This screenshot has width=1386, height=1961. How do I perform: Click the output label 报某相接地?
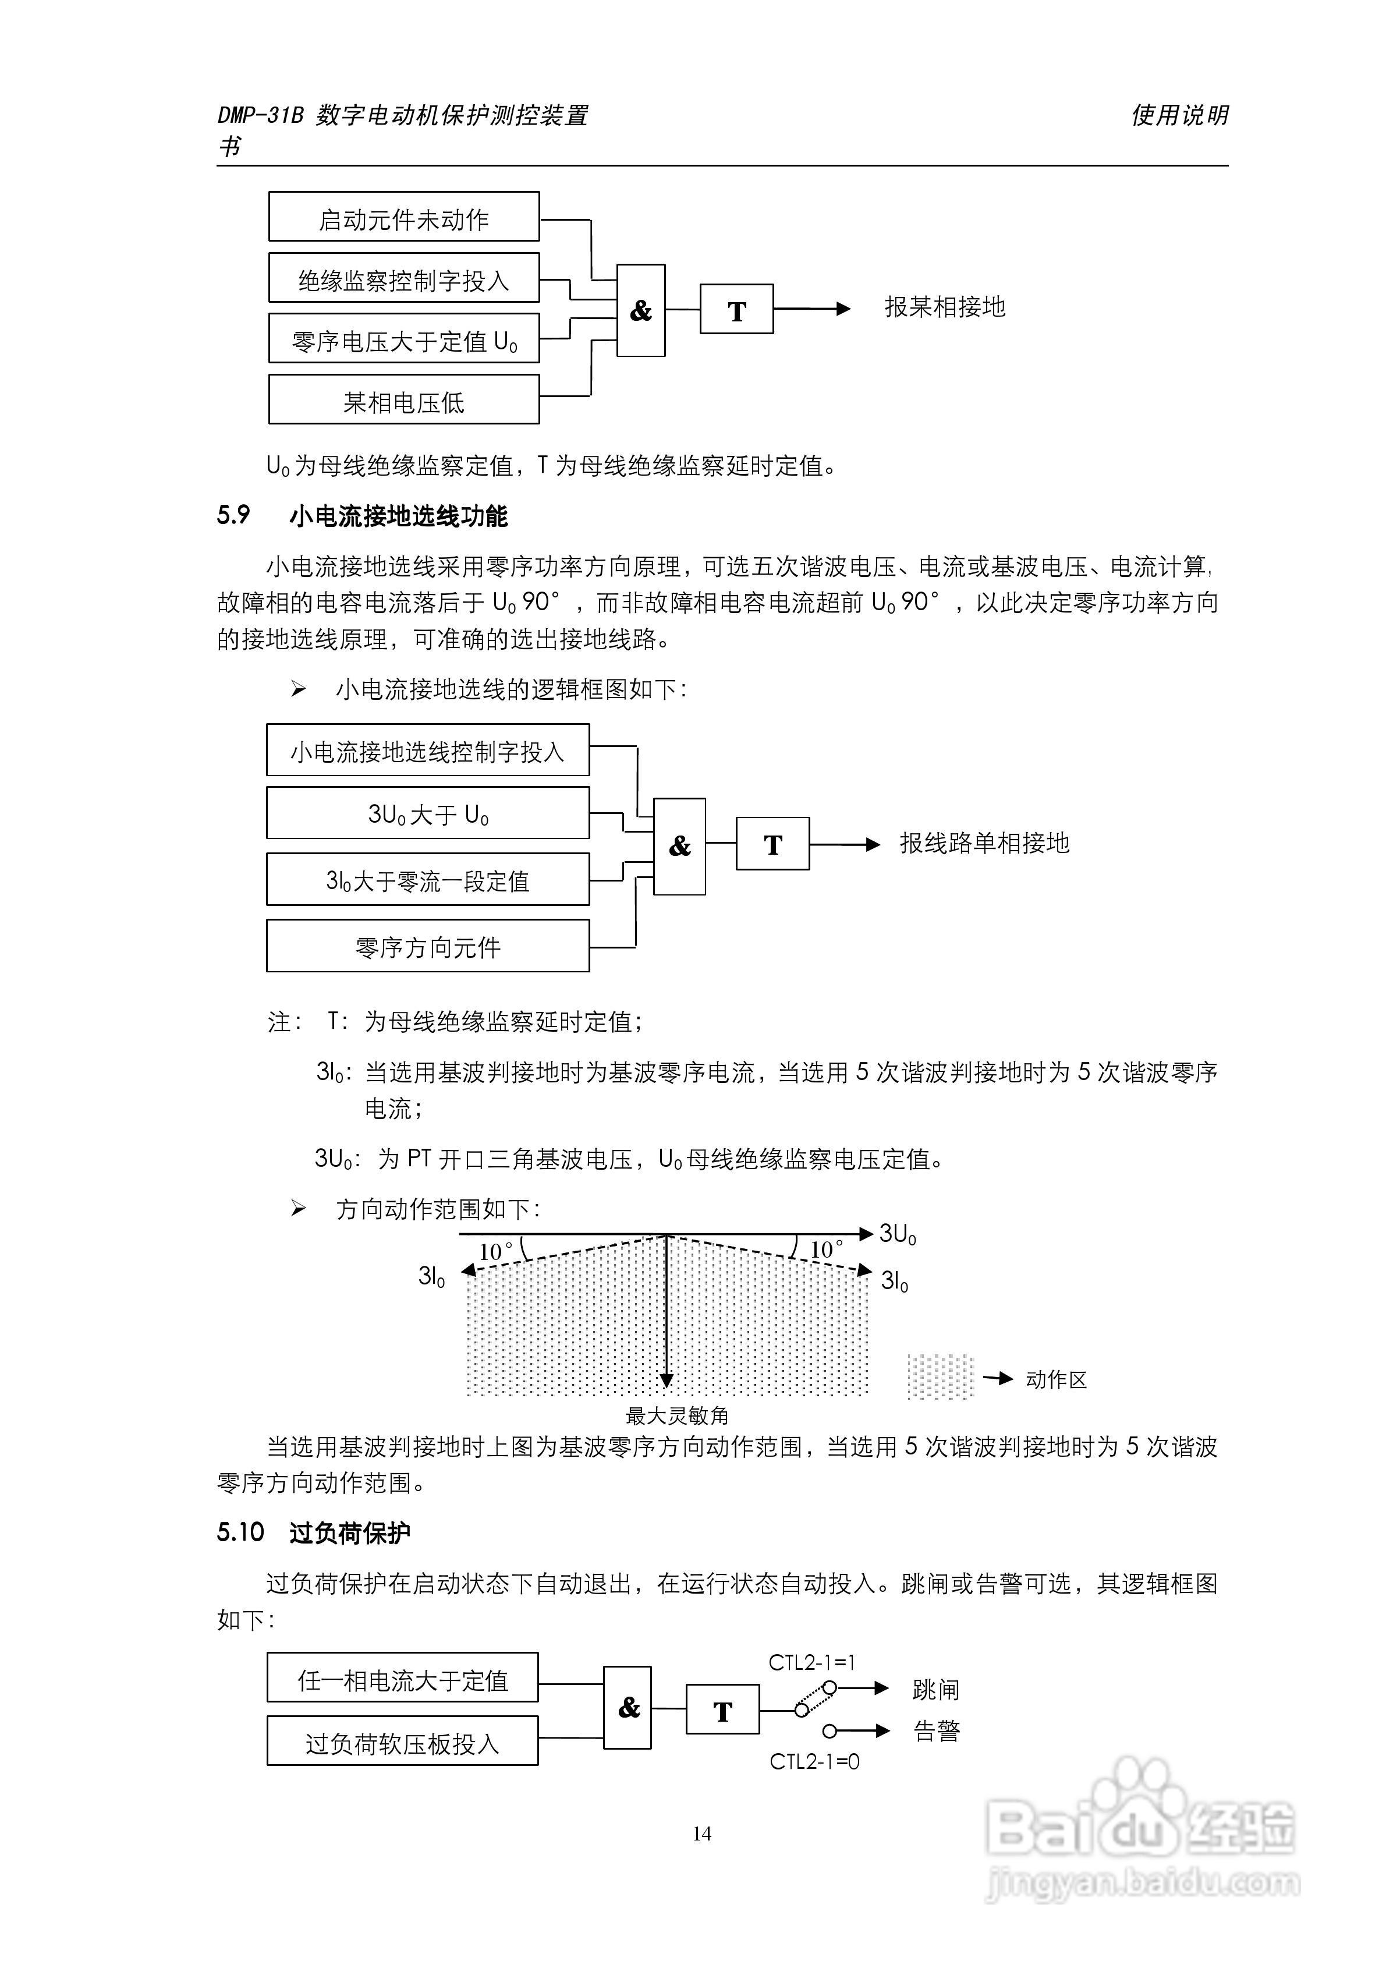[945, 307]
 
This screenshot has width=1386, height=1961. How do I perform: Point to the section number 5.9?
[233, 515]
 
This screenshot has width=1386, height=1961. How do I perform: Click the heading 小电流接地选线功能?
[398, 516]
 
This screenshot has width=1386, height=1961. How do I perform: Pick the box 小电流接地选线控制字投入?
[427, 751]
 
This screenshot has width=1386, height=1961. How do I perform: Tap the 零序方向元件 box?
[427, 946]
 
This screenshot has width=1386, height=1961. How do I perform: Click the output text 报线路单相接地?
[984, 843]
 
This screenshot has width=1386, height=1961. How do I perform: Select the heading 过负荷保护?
[349, 1533]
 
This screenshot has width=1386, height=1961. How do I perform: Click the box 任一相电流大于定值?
[402, 1681]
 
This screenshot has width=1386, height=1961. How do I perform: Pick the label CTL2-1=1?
[811, 1662]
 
